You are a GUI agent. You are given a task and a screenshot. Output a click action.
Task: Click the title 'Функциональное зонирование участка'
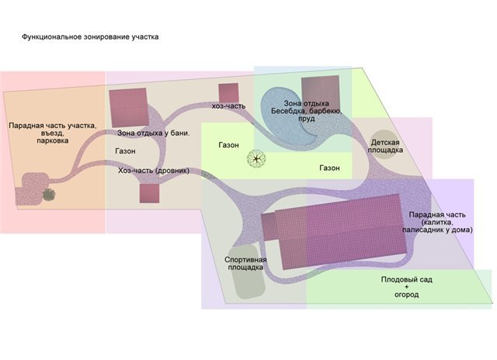90,36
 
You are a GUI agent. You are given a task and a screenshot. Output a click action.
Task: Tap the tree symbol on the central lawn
256,158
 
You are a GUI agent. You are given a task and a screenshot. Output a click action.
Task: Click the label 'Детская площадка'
385,146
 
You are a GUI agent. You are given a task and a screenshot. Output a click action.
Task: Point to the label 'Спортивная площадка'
245,264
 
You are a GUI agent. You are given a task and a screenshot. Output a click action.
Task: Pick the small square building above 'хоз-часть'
228,93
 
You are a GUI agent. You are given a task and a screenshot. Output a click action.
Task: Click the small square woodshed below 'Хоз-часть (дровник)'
149,193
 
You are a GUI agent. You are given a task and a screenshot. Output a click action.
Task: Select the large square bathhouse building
129,108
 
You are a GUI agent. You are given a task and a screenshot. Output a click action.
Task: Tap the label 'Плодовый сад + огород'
406,287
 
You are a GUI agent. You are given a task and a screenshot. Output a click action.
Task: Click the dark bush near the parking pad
49,195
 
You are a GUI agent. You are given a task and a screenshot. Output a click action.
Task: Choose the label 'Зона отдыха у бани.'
154,133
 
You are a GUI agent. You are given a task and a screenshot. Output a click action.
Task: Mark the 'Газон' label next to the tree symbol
228,145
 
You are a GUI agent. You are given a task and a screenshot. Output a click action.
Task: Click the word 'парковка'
53,140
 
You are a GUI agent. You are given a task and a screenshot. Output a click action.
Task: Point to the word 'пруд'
307,119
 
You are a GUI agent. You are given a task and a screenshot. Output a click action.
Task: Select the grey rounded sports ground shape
248,272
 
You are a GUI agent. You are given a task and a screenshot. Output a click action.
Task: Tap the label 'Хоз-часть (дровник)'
154,171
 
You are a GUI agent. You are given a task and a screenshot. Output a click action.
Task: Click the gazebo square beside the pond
321,95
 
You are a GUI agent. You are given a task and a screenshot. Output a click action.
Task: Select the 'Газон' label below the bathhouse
125,151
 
